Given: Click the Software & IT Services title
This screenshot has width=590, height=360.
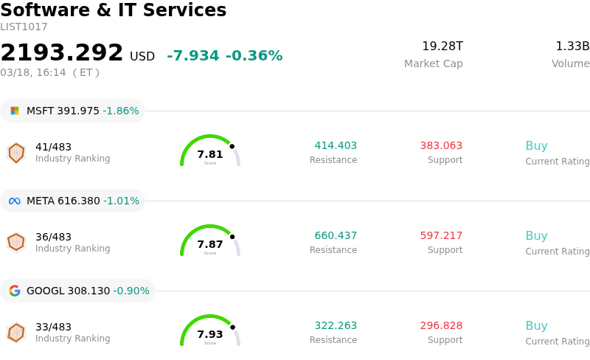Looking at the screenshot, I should click(x=114, y=11).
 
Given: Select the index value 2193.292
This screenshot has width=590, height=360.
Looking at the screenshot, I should click(x=62, y=53).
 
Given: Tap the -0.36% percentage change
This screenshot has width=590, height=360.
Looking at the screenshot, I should click(x=254, y=56).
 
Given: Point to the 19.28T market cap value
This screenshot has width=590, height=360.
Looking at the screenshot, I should click(x=442, y=46).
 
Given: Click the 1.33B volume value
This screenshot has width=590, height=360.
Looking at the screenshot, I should click(x=572, y=46).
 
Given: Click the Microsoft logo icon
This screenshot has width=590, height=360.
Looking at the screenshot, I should click(x=15, y=111).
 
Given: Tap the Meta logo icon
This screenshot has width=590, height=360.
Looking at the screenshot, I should click(x=15, y=201).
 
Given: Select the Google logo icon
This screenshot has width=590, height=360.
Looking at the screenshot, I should click(x=15, y=291).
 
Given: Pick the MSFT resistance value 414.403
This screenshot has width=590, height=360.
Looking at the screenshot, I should click(x=336, y=146).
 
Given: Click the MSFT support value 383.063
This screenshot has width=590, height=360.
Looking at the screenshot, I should click(x=441, y=146).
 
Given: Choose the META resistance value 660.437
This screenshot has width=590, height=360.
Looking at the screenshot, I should click(x=336, y=236).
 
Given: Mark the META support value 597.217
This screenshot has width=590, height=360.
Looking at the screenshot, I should click(x=441, y=236).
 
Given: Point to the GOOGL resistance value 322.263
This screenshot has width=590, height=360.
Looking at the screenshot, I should click(x=336, y=326).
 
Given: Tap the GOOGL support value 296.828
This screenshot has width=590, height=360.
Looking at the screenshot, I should click(x=441, y=326).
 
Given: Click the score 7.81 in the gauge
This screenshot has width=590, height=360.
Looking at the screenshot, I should click(x=210, y=154).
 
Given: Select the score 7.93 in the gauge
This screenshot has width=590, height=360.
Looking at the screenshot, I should click(x=210, y=334).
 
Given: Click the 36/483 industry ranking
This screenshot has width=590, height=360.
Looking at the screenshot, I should click(x=53, y=237).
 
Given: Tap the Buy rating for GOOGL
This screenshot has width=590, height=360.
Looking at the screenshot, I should click(x=536, y=326).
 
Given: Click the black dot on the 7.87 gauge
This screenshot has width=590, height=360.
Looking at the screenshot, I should click(x=232, y=237).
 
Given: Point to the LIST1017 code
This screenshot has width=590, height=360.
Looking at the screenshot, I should click(x=24, y=27).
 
